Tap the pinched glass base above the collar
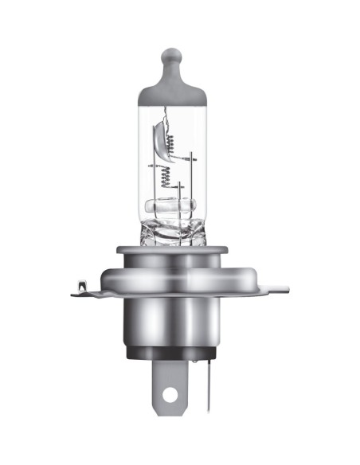(170, 232)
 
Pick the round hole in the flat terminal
(169, 393)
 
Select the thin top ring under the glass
(170, 250)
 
